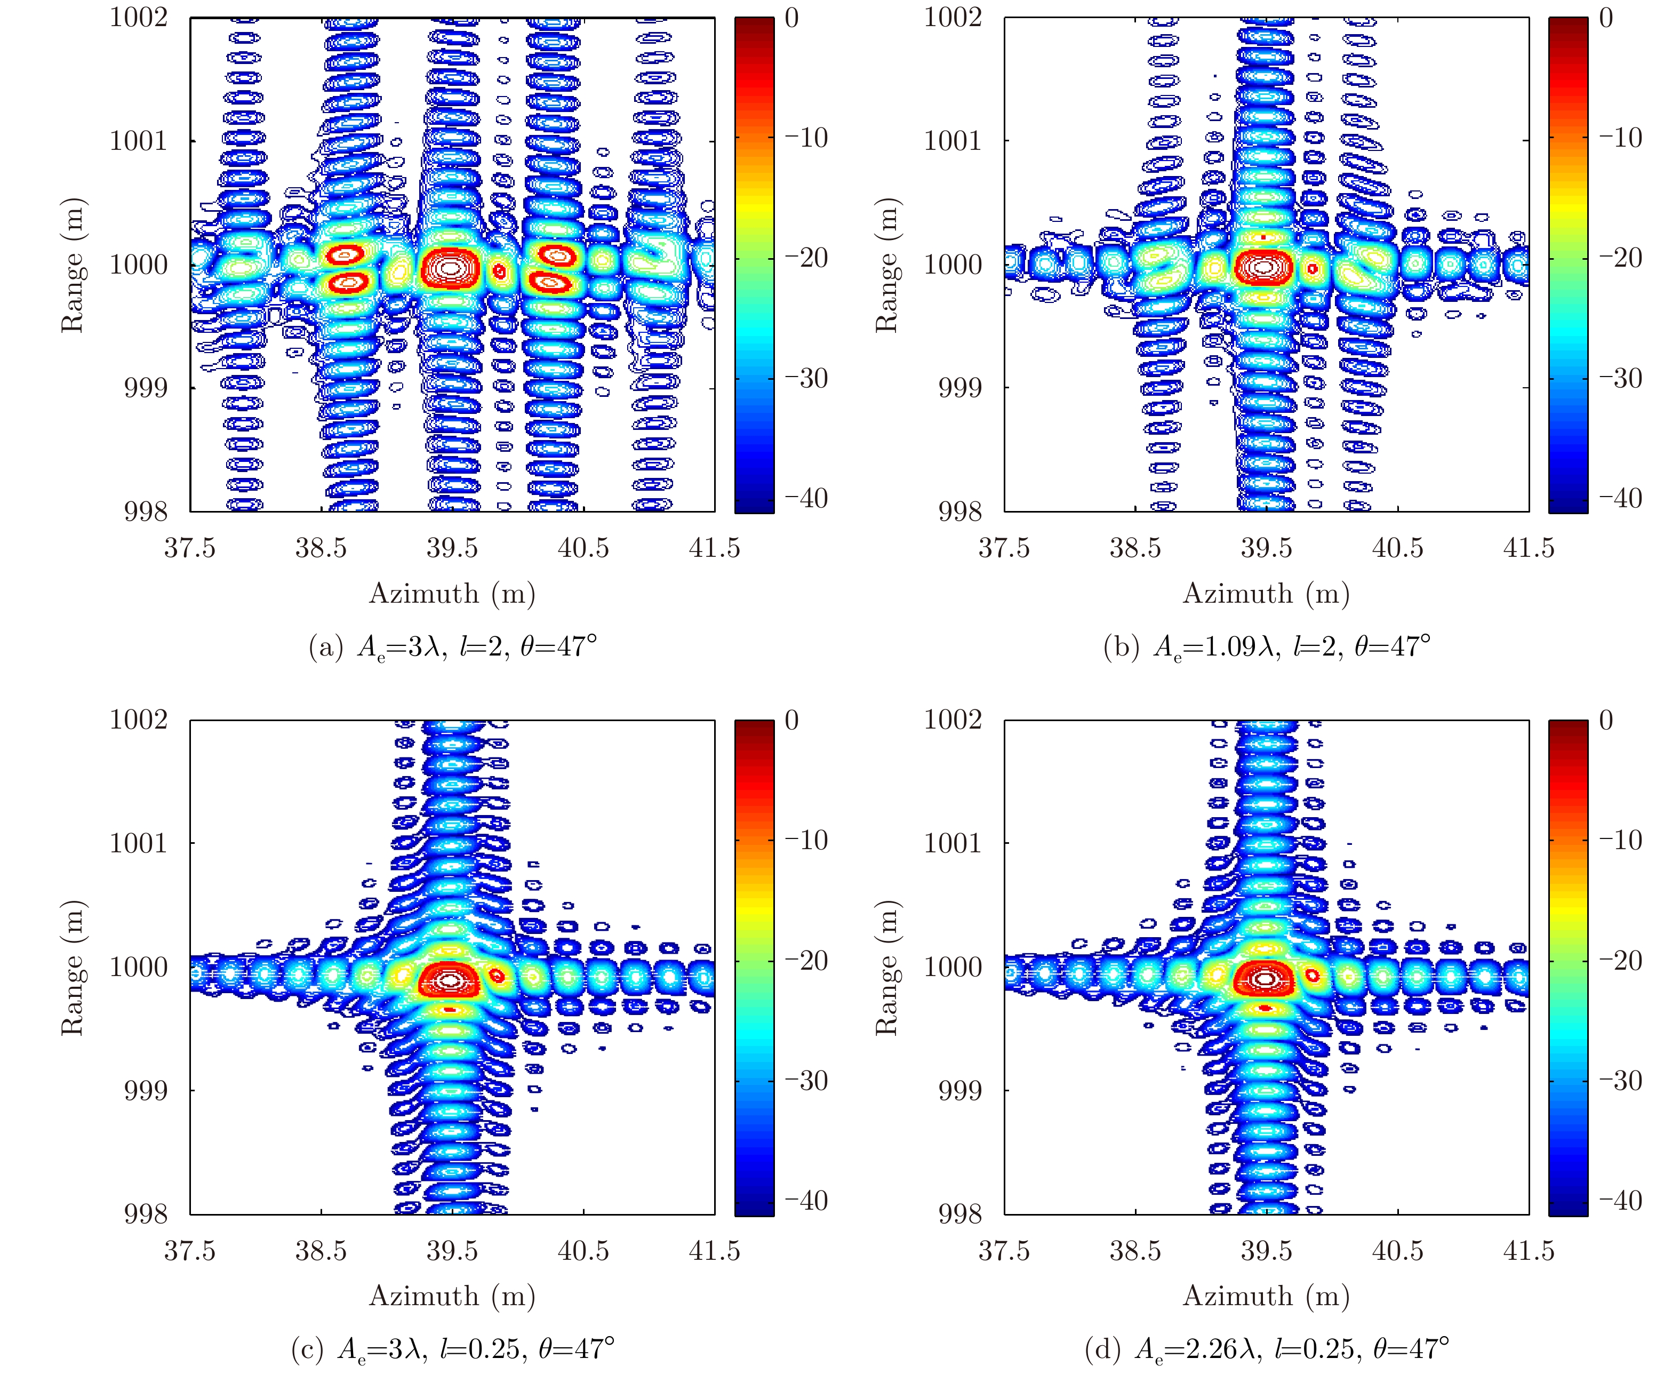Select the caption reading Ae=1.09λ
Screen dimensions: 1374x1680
click(1266, 646)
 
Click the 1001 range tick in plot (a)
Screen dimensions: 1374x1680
click(139, 141)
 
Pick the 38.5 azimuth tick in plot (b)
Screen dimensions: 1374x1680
click(1135, 548)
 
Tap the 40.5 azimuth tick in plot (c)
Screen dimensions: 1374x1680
click(583, 1251)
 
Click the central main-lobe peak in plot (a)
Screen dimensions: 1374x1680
click(450, 268)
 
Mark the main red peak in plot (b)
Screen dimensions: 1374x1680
click(1264, 267)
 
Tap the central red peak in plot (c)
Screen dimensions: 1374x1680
click(450, 980)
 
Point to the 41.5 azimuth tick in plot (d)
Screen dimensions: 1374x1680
click(1528, 1251)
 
